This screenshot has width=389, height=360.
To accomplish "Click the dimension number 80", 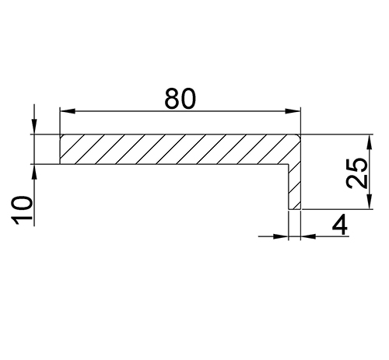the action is click(x=180, y=99).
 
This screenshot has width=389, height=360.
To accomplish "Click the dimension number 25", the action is click(x=357, y=173).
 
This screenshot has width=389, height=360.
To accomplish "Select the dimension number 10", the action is click(x=22, y=210).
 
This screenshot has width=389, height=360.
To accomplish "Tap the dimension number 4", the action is click(x=340, y=225).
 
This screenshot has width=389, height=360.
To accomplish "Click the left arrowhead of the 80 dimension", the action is click(x=68, y=111).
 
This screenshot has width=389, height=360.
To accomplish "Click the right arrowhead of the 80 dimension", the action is click(x=293, y=111).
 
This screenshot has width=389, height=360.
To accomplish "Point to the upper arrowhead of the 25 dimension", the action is click(x=370, y=142).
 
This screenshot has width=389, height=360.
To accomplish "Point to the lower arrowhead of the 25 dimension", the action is click(x=370, y=201).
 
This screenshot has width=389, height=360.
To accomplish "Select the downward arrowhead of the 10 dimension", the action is click(x=34, y=127).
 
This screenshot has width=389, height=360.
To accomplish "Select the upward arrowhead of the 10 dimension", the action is click(x=34, y=172).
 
